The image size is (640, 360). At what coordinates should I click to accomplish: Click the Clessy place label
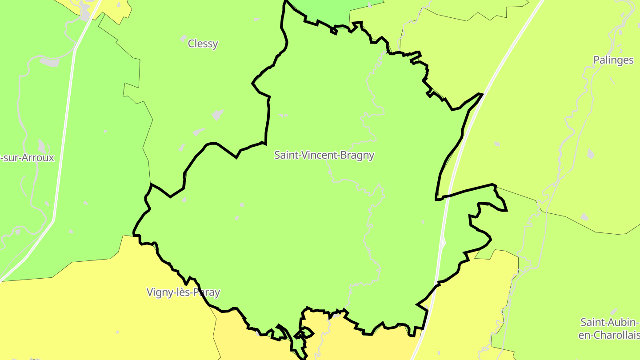203,44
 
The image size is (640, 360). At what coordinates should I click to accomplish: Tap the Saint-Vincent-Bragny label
324,155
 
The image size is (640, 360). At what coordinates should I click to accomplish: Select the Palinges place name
613,60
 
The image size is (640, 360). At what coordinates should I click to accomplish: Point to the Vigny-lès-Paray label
183,292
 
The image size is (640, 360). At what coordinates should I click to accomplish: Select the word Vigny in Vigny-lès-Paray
158,292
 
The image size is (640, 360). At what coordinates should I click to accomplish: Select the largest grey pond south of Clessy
217,115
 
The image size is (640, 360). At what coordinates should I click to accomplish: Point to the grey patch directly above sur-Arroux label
42,146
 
